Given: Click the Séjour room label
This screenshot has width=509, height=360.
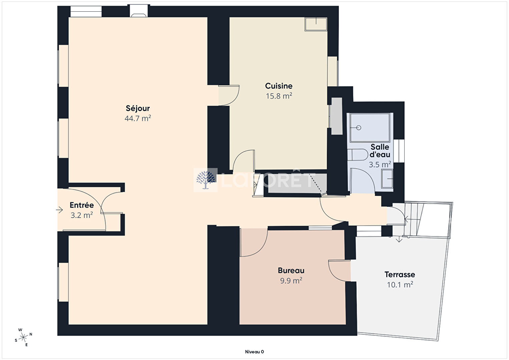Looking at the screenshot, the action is click(x=138, y=108).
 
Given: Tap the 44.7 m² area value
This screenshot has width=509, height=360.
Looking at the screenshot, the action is click(x=138, y=118).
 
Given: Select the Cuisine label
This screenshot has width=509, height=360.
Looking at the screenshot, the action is click(x=279, y=86).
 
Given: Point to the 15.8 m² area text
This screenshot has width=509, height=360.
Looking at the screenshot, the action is click(x=279, y=96).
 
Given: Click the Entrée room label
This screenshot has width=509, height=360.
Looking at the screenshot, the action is click(x=82, y=205).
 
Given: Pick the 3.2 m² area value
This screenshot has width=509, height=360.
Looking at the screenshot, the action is click(x=82, y=215).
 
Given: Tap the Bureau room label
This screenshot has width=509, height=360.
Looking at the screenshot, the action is click(x=291, y=271).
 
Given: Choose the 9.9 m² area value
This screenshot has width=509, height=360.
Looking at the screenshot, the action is click(x=291, y=281).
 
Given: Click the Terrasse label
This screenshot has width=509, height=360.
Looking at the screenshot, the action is click(x=400, y=275).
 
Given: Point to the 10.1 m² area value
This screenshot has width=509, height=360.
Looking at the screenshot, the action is click(x=400, y=285).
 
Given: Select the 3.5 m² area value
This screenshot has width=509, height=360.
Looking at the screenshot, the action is click(x=380, y=164).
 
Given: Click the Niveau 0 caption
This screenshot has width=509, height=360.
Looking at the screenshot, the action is click(x=255, y=352).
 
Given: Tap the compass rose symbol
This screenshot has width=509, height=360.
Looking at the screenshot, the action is click(x=23, y=338).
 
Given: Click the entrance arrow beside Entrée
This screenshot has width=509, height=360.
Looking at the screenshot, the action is click(x=59, y=210).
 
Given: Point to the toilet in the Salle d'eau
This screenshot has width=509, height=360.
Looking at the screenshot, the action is click(x=358, y=155).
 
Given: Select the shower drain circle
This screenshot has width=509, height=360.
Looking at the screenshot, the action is click(x=359, y=128).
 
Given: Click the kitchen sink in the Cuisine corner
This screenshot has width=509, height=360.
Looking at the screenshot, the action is click(x=316, y=24).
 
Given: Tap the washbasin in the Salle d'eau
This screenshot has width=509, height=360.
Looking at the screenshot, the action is click(x=387, y=179).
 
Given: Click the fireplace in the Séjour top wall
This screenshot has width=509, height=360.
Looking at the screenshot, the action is click(x=139, y=11).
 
